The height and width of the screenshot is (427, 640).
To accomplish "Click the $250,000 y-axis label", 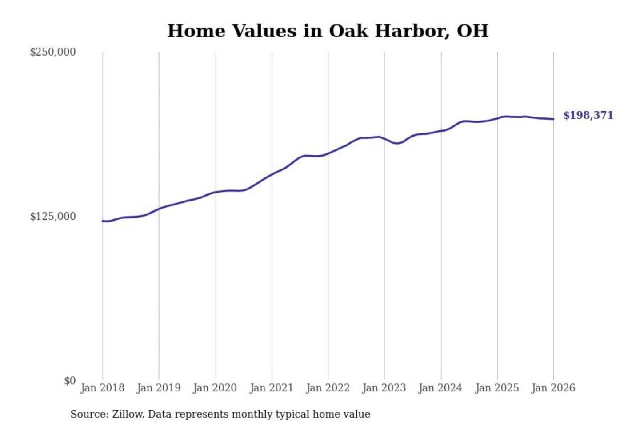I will pyautogui.click(x=53, y=52).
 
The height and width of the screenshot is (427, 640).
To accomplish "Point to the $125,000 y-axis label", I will pyautogui.click(x=53, y=217).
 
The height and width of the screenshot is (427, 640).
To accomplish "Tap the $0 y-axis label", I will pyautogui.click(x=70, y=381).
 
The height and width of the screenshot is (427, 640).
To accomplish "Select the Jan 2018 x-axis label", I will pyautogui.click(x=103, y=388).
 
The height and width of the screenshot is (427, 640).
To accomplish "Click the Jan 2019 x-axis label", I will pyautogui.click(x=159, y=388).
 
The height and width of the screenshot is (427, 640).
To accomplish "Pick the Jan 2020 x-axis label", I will pyautogui.click(x=215, y=388).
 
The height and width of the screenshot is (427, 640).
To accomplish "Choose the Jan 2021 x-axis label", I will pyautogui.click(x=272, y=388).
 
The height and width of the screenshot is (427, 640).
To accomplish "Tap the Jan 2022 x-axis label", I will pyautogui.click(x=328, y=388).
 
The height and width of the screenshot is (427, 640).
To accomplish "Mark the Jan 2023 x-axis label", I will pyautogui.click(x=384, y=388).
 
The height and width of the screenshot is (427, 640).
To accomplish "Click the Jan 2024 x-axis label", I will pyautogui.click(x=440, y=388).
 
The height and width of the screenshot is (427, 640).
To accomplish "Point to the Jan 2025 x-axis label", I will pyautogui.click(x=497, y=388).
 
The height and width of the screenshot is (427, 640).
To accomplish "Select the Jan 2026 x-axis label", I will pyautogui.click(x=553, y=388).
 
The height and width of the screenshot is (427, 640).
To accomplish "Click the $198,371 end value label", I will pyautogui.click(x=588, y=115).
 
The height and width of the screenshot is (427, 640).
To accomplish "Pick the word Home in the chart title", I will pyautogui.click(x=196, y=31).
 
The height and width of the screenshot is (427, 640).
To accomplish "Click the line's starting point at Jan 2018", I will pyautogui.click(x=103, y=221).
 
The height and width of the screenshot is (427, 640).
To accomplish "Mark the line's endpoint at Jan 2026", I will pyautogui.click(x=553, y=119).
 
